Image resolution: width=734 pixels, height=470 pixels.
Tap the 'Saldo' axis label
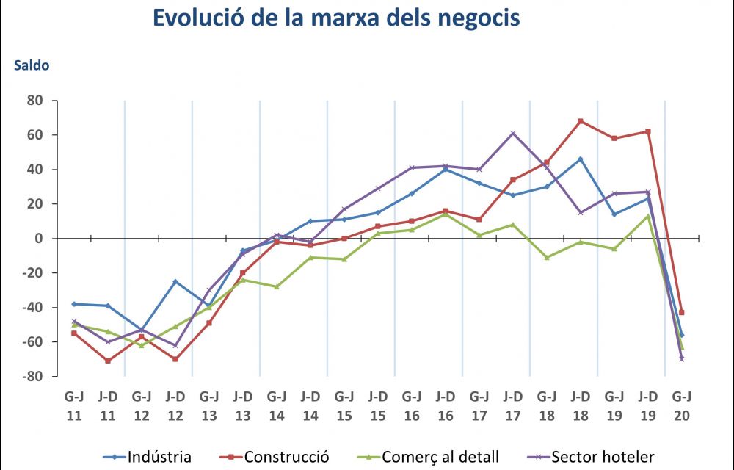point(31,66)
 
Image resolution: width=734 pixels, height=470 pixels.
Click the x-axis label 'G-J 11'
point(74,405)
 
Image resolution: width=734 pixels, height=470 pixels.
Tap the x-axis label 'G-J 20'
point(682,405)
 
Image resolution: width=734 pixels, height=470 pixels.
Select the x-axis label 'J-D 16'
point(446,405)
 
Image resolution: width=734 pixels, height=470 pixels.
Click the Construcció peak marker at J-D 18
point(581,121)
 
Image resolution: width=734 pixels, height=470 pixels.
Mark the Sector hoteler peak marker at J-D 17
point(513,133)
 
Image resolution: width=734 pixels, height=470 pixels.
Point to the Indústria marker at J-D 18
point(581,159)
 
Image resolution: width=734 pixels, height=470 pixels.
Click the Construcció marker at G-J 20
point(682,312)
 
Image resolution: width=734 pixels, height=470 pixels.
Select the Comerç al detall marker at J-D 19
point(648,216)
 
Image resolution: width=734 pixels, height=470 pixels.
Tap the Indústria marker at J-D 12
point(175,281)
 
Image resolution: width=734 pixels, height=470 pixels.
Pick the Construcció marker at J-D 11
point(108,361)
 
